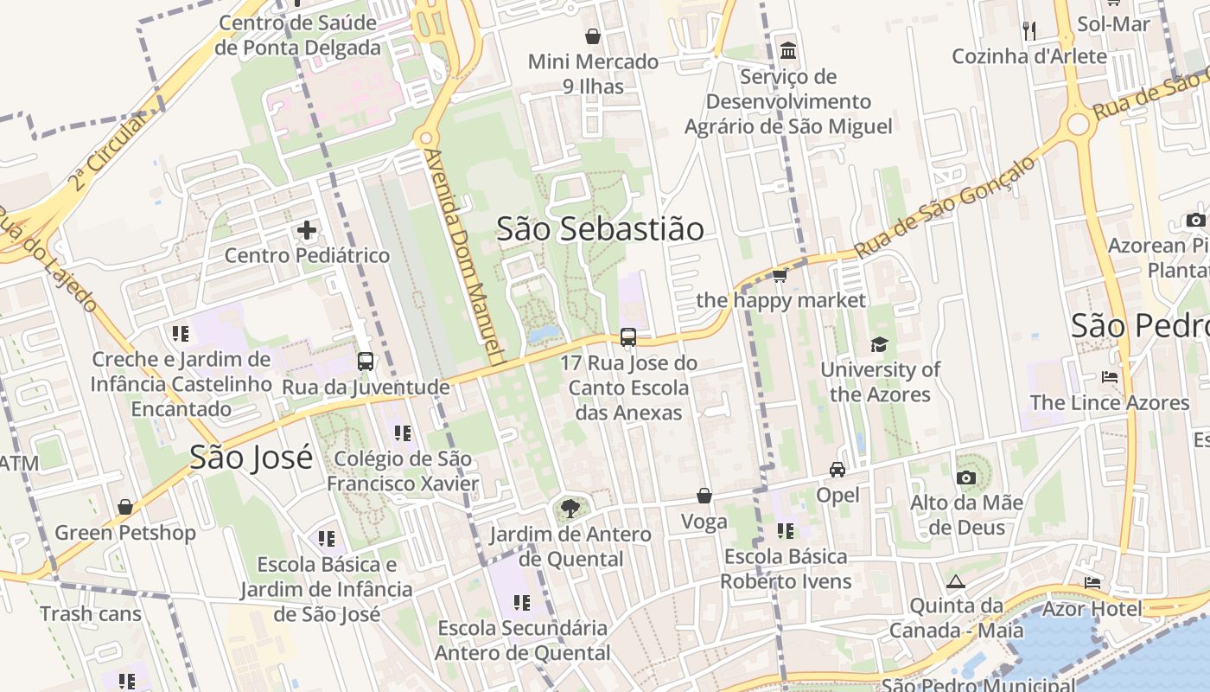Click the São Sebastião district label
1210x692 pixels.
pos(600,228)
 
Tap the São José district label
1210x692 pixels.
pos(251,458)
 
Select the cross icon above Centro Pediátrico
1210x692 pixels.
pos(307,231)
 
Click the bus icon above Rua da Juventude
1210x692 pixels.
pos(366,362)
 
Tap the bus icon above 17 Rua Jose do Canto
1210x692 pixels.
pos(628,337)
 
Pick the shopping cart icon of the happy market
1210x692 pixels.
pos(780,275)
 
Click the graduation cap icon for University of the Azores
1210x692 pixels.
pos(879,344)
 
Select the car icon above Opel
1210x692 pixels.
pos(837,470)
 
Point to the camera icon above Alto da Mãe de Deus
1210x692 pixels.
pos(966,477)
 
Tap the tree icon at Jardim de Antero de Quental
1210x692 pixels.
pos(570,509)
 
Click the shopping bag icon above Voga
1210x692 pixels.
pos(704,497)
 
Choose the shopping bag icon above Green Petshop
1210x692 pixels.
pos(125,507)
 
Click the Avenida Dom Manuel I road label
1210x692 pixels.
pos(462,255)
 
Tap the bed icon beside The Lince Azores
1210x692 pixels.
pos(1110,377)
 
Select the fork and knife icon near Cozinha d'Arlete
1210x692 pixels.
pos(1028,31)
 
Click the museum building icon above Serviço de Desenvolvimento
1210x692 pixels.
pos(787,50)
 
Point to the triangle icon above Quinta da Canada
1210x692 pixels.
pos(955,581)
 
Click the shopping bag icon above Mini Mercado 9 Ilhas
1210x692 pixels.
pos(593,36)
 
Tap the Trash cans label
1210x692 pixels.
pos(90,614)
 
